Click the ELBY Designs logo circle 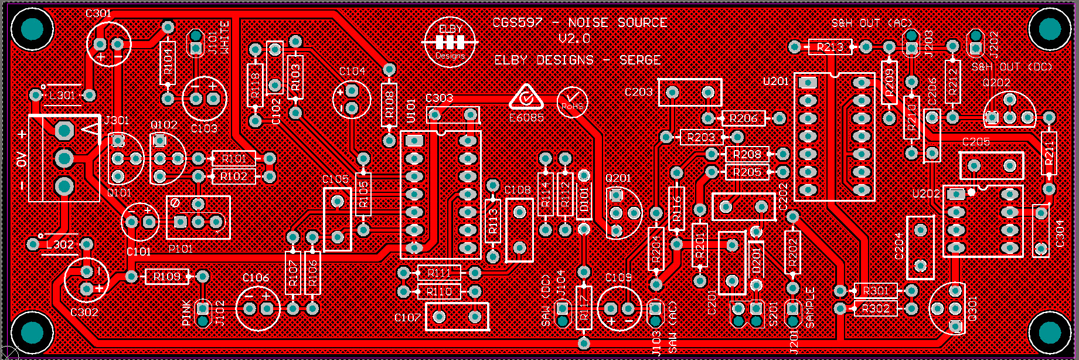coord(451,42)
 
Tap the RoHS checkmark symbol coord(573,101)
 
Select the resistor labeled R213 coord(830,47)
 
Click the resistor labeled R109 coord(167,276)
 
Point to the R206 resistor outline coord(744,118)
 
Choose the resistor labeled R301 coord(876,291)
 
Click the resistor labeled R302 coord(876,308)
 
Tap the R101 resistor coord(234,159)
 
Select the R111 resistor coord(439,273)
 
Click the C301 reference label coord(98,13)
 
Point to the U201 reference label coord(775,81)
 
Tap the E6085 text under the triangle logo coord(526,118)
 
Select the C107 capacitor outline coord(457,317)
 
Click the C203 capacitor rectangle coord(690,93)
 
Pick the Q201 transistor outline coord(623,212)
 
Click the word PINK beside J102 coord(186,313)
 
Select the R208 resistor coord(747,155)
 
